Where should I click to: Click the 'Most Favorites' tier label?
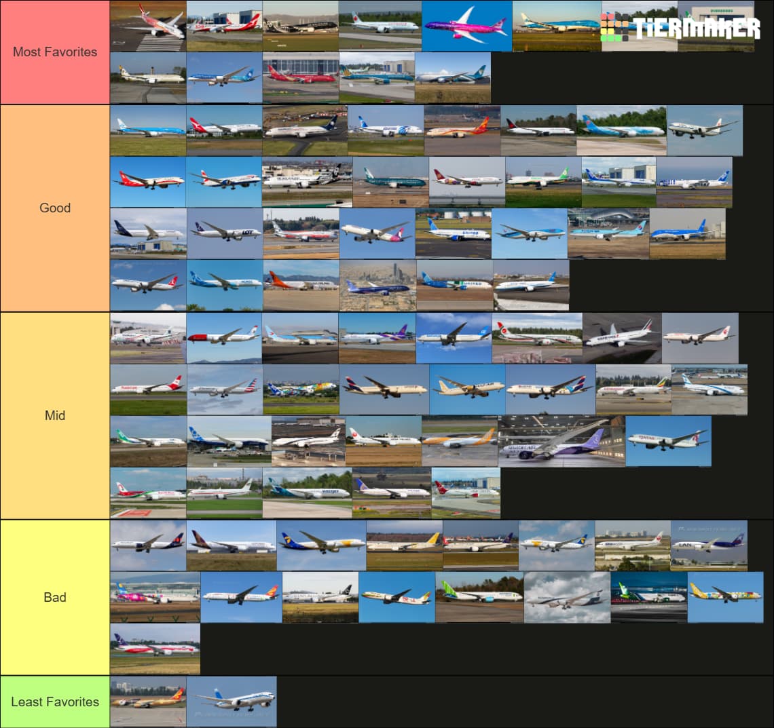tap(55, 52)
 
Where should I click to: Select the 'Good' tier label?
tap(55, 208)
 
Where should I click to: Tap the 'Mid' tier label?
tap(55, 415)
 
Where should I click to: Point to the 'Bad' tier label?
tap(55, 597)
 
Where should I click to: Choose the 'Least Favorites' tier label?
tap(55, 702)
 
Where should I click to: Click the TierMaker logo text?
tap(697, 28)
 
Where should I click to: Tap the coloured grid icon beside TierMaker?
tap(615, 26)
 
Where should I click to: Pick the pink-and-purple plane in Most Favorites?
tap(466, 26)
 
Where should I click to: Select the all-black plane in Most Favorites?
tap(300, 26)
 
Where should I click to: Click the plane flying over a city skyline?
tap(377, 286)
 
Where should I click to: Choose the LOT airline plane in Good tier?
tap(224, 233)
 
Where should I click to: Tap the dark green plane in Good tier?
tap(390, 181)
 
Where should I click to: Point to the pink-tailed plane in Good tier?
tap(377, 233)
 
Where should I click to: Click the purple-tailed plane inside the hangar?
tap(561, 441)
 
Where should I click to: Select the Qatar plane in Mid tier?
tap(668, 441)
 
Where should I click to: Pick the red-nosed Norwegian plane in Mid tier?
tap(224, 337)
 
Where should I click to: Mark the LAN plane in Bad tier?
tap(709, 545)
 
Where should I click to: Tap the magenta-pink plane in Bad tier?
tap(155, 597)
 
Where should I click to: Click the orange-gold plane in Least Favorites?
tap(148, 702)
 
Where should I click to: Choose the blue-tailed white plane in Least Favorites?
tap(232, 702)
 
